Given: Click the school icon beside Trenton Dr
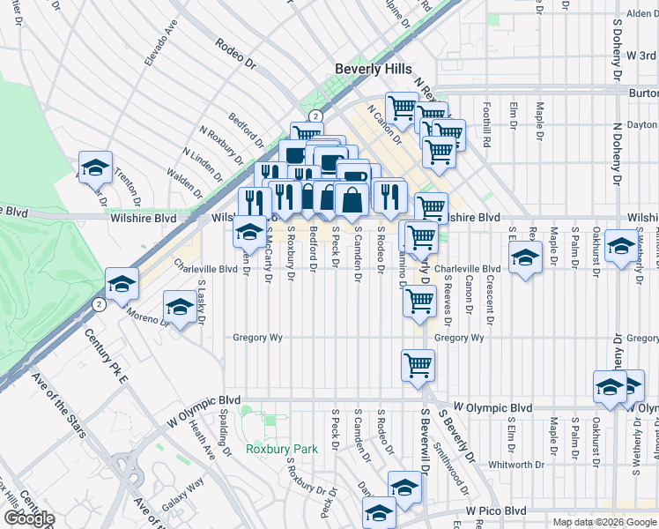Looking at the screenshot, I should point(95,165).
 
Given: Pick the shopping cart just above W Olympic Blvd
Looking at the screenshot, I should point(418,363).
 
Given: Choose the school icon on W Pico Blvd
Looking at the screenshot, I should point(380,512).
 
